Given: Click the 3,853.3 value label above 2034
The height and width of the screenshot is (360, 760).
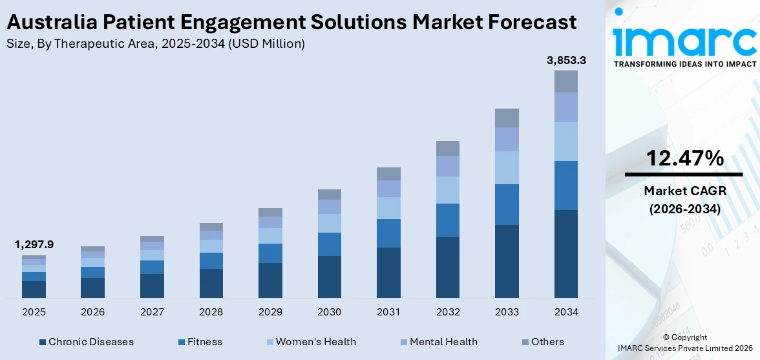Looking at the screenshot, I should coord(566,61).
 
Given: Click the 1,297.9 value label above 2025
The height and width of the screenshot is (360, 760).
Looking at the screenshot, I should coord(34,244).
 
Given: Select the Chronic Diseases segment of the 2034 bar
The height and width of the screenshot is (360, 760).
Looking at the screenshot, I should coord(566,253).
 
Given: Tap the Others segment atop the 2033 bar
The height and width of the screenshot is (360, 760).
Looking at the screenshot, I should coord(507,118).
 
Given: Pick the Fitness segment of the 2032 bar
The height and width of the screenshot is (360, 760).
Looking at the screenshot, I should coord(448,220).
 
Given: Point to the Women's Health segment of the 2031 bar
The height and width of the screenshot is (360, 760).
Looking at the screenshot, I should coord(388,208).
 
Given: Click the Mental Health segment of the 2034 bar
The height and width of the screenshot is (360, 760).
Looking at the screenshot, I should coord(566,107).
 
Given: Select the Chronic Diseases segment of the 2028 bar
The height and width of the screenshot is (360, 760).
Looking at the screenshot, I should coord(211,283).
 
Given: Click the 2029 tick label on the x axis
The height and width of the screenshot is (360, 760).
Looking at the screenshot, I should coord(270,312).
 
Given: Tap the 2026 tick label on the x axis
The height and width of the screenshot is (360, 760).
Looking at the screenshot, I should coord(93,312).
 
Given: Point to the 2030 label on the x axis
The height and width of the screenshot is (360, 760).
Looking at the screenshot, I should coord(330,312).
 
